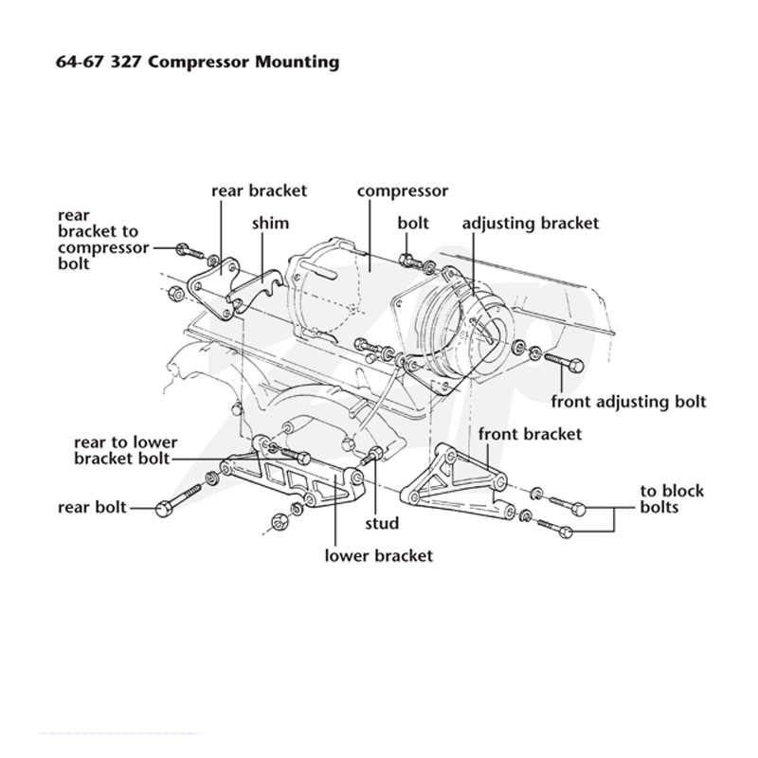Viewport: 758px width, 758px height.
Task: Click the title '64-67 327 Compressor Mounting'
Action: pos(198,63)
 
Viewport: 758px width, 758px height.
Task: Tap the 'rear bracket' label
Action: pos(259,190)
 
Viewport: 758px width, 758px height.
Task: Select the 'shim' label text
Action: pos(270,224)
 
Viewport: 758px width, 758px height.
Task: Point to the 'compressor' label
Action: pos(403,191)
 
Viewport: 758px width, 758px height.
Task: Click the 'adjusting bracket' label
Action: pos(531,224)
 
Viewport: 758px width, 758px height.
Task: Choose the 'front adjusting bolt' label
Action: pos(628,402)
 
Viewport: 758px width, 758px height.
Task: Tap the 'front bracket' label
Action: pos(530,434)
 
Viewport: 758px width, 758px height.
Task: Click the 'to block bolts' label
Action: pos(672,499)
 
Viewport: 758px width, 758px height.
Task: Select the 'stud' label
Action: pos(382,524)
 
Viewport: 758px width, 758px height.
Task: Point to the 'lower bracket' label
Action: pos(378,556)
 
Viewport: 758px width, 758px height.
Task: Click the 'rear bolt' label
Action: pos(92,508)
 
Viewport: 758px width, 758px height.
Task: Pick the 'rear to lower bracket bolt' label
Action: pos(126,451)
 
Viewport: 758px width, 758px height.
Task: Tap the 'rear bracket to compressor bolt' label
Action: pos(103,240)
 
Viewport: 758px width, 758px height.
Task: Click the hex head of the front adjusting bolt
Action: pos(576,366)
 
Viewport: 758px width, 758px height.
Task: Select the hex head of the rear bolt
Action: pos(163,509)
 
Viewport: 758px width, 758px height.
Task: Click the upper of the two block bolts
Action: pos(566,505)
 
